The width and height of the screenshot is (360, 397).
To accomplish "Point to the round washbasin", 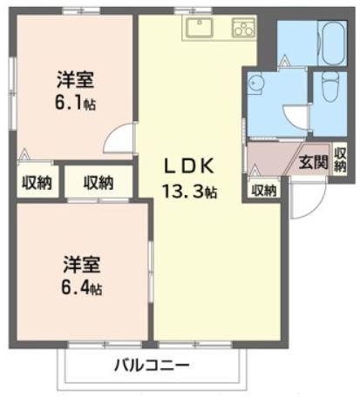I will tap(256, 84).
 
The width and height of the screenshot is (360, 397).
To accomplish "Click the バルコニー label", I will tap(150, 365).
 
